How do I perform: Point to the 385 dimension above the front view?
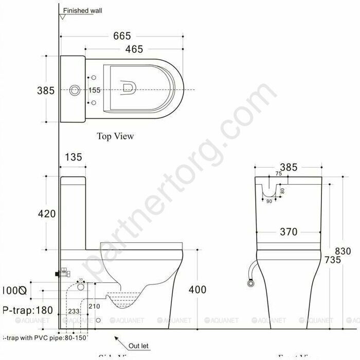[289, 167]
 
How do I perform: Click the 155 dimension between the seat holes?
[94, 90]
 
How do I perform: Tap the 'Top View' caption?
[115, 136]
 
